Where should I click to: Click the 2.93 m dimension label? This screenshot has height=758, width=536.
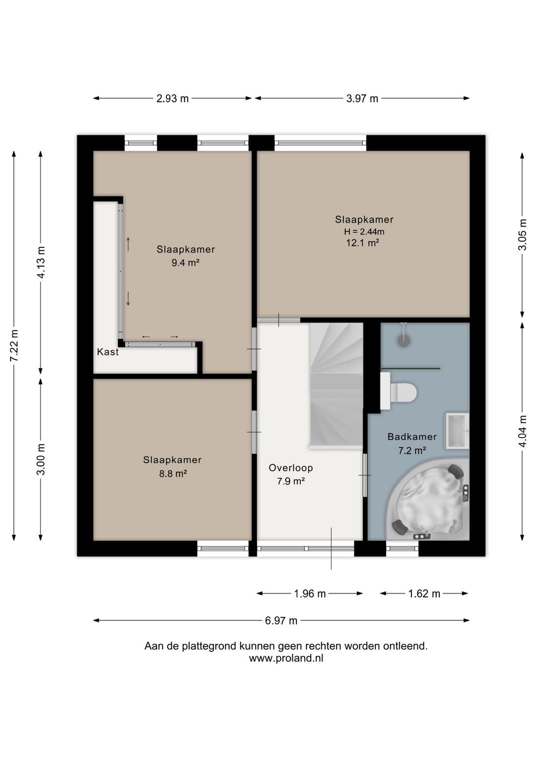(x=172, y=98)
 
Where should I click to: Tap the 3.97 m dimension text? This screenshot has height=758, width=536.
(x=362, y=98)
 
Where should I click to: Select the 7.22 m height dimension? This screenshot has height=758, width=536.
(x=14, y=345)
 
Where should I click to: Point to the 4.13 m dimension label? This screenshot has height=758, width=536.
(x=41, y=263)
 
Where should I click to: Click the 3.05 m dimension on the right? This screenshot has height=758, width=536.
(x=523, y=234)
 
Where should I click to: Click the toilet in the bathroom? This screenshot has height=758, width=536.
(x=398, y=392)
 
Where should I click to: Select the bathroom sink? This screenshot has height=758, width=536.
(x=457, y=431)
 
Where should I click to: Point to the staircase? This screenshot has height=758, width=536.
(x=336, y=386)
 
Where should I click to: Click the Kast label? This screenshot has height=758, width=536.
(x=108, y=352)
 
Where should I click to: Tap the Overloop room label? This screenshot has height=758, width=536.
(x=291, y=468)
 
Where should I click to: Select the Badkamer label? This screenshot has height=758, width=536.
(x=412, y=437)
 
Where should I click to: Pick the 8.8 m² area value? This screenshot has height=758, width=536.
(x=173, y=473)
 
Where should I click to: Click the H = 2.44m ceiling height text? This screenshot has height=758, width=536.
(x=364, y=232)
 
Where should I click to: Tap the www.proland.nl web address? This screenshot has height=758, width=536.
(x=286, y=658)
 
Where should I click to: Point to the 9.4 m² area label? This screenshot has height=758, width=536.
(x=185, y=263)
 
